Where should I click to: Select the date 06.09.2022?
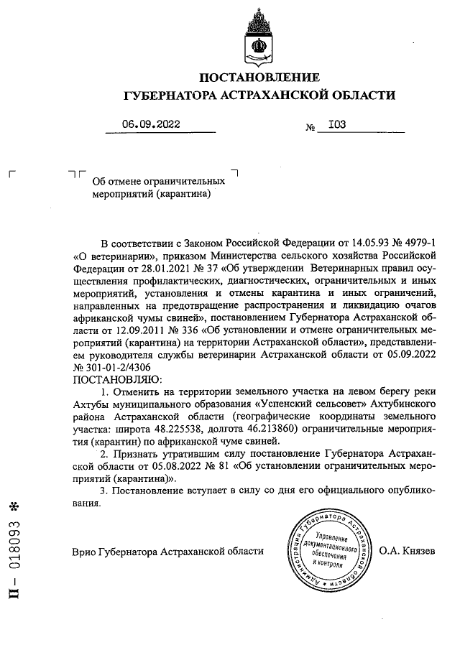tap(151, 124)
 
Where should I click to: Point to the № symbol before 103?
tap(311, 127)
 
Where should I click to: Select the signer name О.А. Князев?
tap(407, 552)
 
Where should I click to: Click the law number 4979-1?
tap(412, 241)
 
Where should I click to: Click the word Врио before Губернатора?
tap(87, 552)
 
